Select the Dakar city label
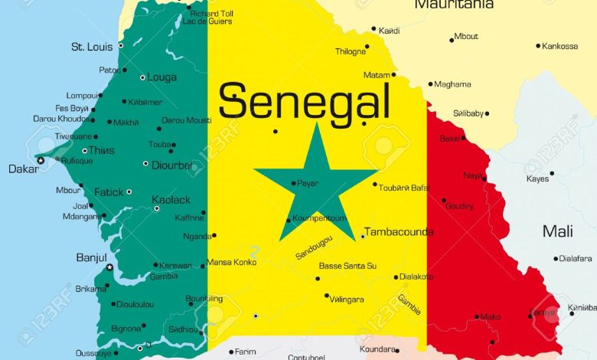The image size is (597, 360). click(x=23, y=169)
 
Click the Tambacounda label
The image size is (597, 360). click(x=399, y=232)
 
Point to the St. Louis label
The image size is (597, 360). click(x=92, y=47)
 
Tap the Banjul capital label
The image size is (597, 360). click(x=91, y=257)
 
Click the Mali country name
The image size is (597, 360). click(x=557, y=231)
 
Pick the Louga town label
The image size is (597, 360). click(x=162, y=77)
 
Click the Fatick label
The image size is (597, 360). click(x=108, y=192)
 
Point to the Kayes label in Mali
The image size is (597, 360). click(x=537, y=178)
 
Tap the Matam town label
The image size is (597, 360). click(x=376, y=75)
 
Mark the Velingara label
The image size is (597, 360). click(x=347, y=299)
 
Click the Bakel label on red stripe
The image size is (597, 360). click(x=450, y=139)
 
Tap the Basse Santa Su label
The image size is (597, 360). click(x=347, y=266)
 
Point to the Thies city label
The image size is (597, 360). click(x=102, y=150)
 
